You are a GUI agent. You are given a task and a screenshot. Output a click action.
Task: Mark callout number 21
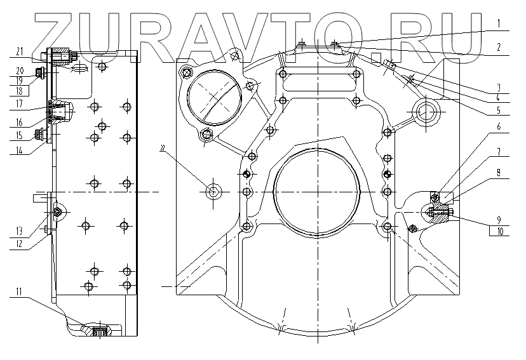(x=20, y=51)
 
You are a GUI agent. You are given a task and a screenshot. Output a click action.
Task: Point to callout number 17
(x=20, y=103)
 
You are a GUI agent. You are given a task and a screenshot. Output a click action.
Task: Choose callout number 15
(x=20, y=136)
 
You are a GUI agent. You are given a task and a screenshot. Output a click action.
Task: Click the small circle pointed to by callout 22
(x=213, y=191)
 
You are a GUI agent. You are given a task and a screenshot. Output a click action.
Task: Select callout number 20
(x=20, y=70)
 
